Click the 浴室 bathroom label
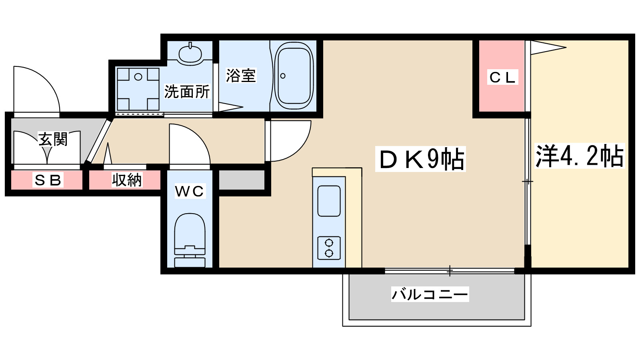pos(240,75)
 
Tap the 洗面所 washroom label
pos(187,92)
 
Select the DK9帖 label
pos(420,159)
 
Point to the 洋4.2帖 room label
pos(579,156)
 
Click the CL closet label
pos(503,77)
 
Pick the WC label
pos(190,191)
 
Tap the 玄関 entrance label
pos(53,139)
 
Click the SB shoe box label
pos(48,180)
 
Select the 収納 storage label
pos(126,180)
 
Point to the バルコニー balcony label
pos(430,294)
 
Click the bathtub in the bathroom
pos(294,76)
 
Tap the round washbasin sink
pos(190,54)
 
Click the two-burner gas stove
pos(329,248)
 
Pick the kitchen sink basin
pos(329,201)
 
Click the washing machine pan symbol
pos(138,89)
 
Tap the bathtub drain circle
pos(283,76)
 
